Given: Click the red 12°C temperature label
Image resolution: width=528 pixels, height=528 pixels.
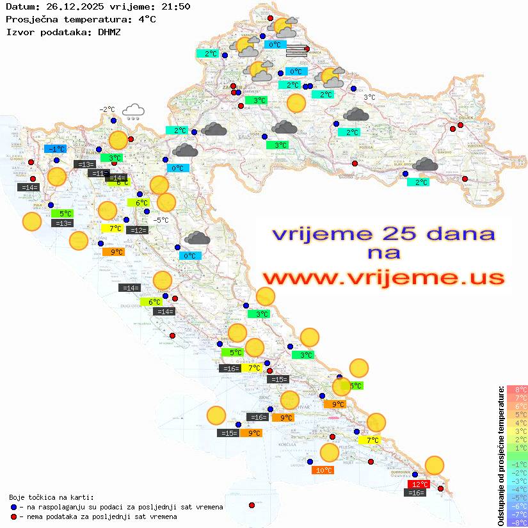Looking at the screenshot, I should (x=419, y=484).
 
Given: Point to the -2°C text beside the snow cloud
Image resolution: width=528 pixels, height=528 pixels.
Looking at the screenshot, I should (x=106, y=109).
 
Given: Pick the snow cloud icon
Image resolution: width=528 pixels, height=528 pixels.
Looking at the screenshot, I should (x=133, y=112).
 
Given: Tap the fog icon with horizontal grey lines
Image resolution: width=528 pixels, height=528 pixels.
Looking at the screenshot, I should (x=296, y=51).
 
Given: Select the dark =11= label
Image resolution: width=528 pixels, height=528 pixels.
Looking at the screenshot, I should (x=99, y=173).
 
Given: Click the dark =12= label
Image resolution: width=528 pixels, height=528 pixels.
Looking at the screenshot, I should (x=138, y=230).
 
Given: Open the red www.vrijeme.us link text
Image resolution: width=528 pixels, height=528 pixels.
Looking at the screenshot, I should (x=383, y=278).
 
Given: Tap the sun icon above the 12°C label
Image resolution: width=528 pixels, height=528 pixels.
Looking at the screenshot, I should (x=435, y=465).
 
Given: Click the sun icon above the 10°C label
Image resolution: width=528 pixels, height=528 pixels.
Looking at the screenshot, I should (x=329, y=452).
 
